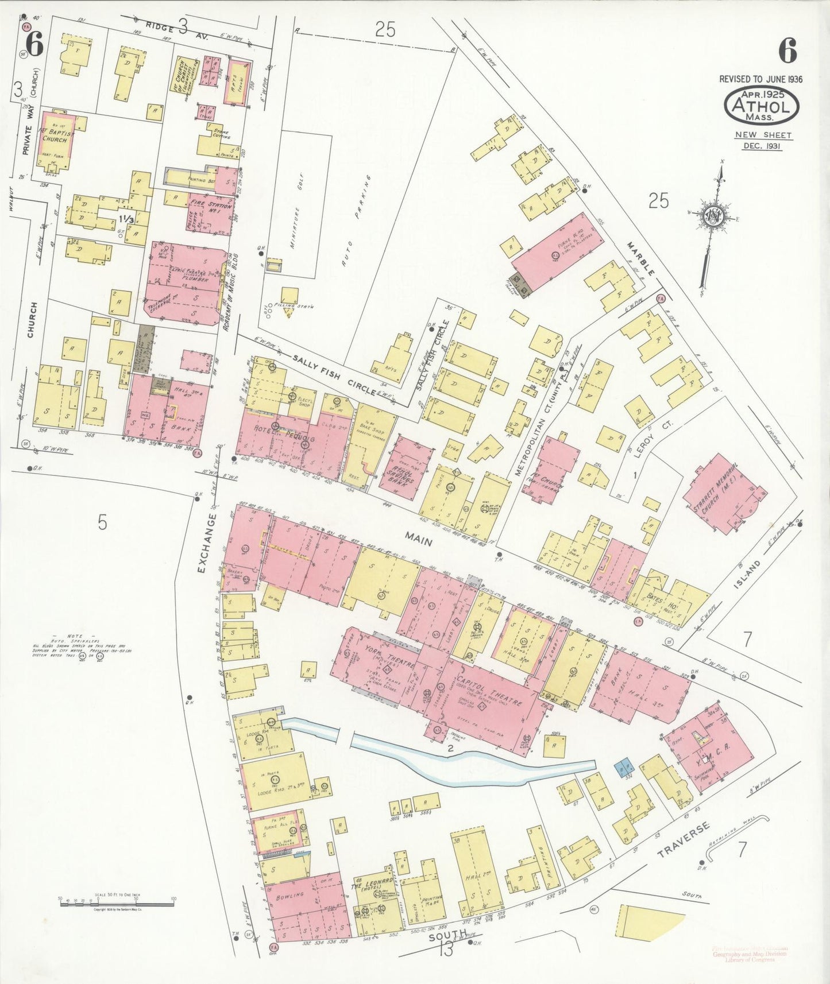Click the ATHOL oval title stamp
[x=761, y=106]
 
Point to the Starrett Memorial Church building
[x=725, y=494]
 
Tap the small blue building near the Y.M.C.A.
[x=624, y=768]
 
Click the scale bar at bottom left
[x=117, y=903]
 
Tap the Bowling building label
[x=290, y=896]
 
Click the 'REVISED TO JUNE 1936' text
[x=761, y=79]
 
